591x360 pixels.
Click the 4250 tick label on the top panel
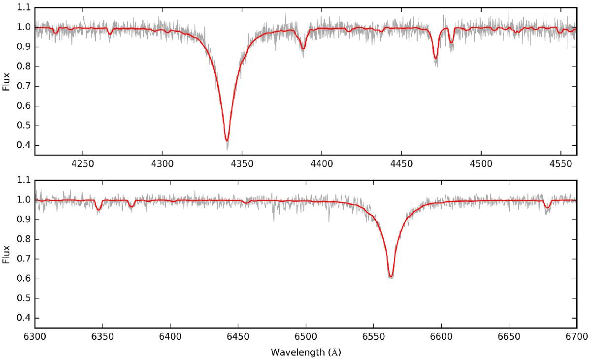pyautogui.click(x=83, y=164)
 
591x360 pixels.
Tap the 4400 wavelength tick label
pyautogui.click(x=322, y=164)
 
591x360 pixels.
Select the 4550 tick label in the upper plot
pyautogui.click(x=560, y=164)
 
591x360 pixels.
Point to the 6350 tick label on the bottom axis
pyautogui.click(x=102, y=337)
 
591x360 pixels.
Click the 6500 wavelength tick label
pyautogui.click(x=306, y=337)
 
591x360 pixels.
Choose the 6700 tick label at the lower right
pyautogui.click(x=577, y=337)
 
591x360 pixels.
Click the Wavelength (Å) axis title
pyautogui.click(x=306, y=352)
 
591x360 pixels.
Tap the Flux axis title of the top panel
pyautogui.click(x=6, y=81)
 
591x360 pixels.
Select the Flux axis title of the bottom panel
pyautogui.click(x=6, y=254)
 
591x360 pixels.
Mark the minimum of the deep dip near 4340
pyautogui.click(x=227, y=141)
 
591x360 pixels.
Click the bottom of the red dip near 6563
pyautogui.click(x=391, y=277)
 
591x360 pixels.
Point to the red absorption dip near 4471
pyautogui.click(x=435, y=58)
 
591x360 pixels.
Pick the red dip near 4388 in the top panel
pyautogui.click(x=303, y=49)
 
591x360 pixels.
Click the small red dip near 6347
pyautogui.click(x=98, y=210)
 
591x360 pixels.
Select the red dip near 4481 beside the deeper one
pyautogui.click(x=451, y=42)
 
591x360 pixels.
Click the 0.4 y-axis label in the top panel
pyautogui.click(x=23, y=145)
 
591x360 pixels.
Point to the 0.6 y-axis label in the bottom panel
pyautogui.click(x=23, y=279)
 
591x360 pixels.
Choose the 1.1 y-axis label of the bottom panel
pyautogui.click(x=23, y=180)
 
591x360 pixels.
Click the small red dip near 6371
pyautogui.click(x=131, y=206)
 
